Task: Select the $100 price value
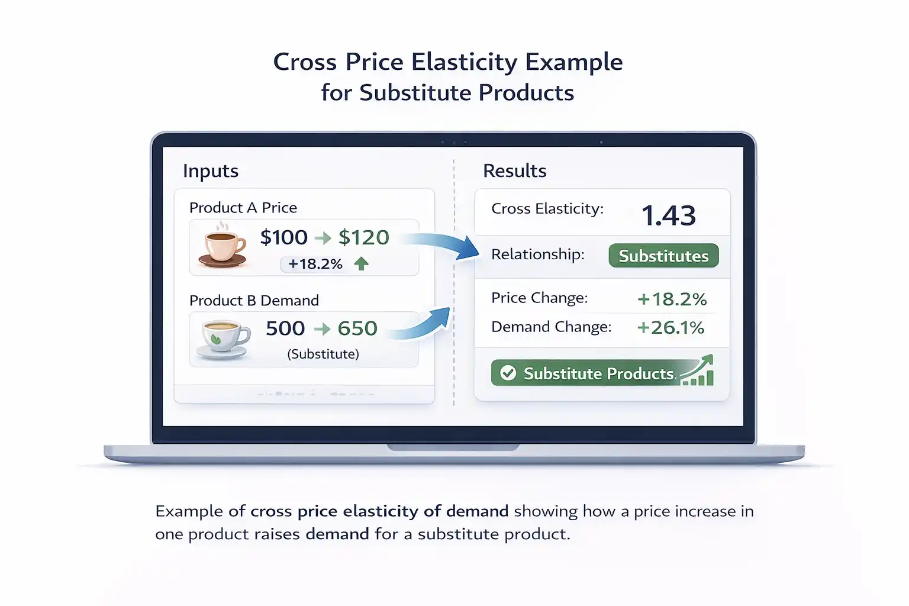pyautogui.click(x=284, y=237)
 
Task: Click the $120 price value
pyautogui.click(x=363, y=237)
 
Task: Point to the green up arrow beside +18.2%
pyautogui.click(x=361, y=264)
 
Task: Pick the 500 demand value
pyautogui.click(x=285, y=328)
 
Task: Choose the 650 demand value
pyautogui.click(x=357, y=328)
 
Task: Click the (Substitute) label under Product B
pyautogui.click(x=323, y=354)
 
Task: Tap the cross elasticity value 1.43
pyautogui.click(x=669, y=215)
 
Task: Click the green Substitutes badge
pyautogui.click(x=663, y=256)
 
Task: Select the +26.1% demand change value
pyautogui.click(x=671, y=327)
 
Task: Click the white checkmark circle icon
pyautogui.click(x=508, y=373)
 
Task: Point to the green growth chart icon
pyautogui.click(x=698, y=371)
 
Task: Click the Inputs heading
pyautogui.click(x=211, y=171)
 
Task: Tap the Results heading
pyautogui.click(x=515, y=171)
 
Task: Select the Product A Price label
pyautogui.click(x=243, y=208)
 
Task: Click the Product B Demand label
pyautogui.click(x=254, y=301)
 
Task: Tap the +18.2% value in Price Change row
pyautogui.click(x=672, y=299)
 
